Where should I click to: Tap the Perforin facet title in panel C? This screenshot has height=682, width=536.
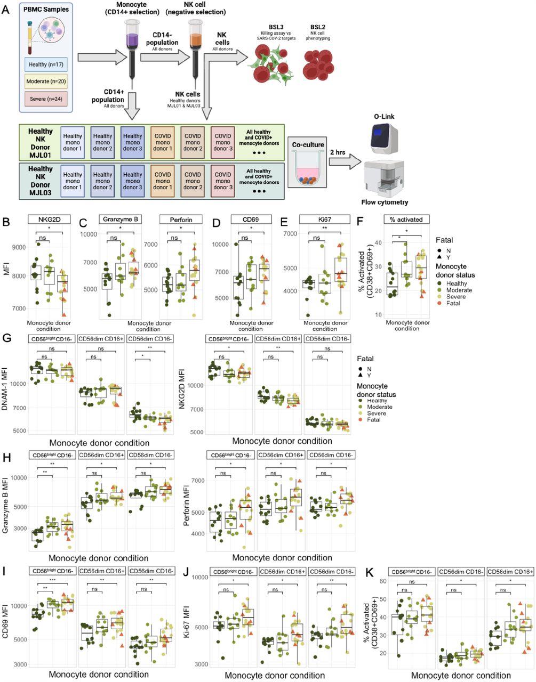pyautogui.click(x=180, y=219)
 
